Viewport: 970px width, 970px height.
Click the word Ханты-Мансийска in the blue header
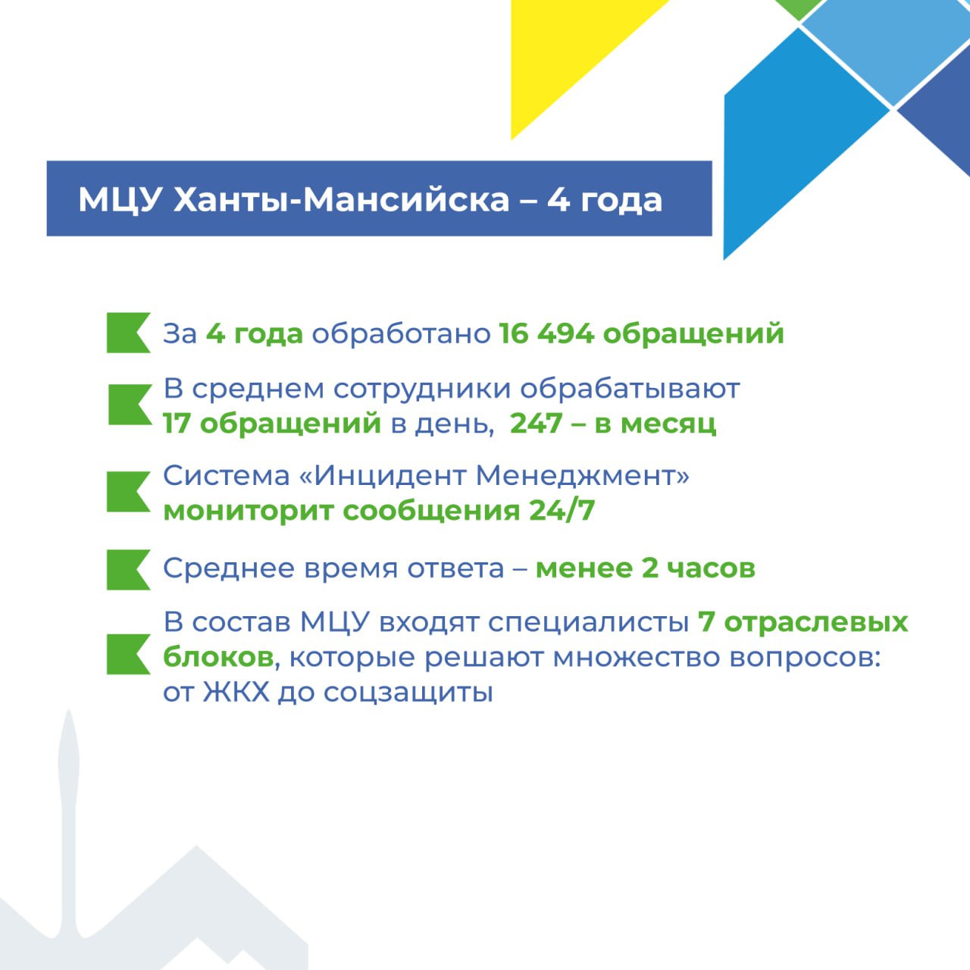[341, 200]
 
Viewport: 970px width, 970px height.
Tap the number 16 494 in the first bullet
[546, 333]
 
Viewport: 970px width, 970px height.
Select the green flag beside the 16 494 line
[128, 333]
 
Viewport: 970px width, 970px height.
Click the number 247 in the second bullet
[536, 423]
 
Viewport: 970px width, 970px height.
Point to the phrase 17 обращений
[272, 424]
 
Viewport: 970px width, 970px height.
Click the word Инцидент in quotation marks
[390, 476]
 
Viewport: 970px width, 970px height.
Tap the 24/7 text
[562, 511]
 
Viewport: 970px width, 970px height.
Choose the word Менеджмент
[576, 476]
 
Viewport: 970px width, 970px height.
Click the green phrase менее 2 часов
[646, 568]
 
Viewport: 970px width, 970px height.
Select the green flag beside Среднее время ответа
[128, 570]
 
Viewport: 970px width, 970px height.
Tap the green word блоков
[218, 657]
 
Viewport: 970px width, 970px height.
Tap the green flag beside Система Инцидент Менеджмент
[128, 492]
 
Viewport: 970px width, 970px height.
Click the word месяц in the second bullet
[668, 424]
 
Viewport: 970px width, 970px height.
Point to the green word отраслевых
[816, 623]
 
